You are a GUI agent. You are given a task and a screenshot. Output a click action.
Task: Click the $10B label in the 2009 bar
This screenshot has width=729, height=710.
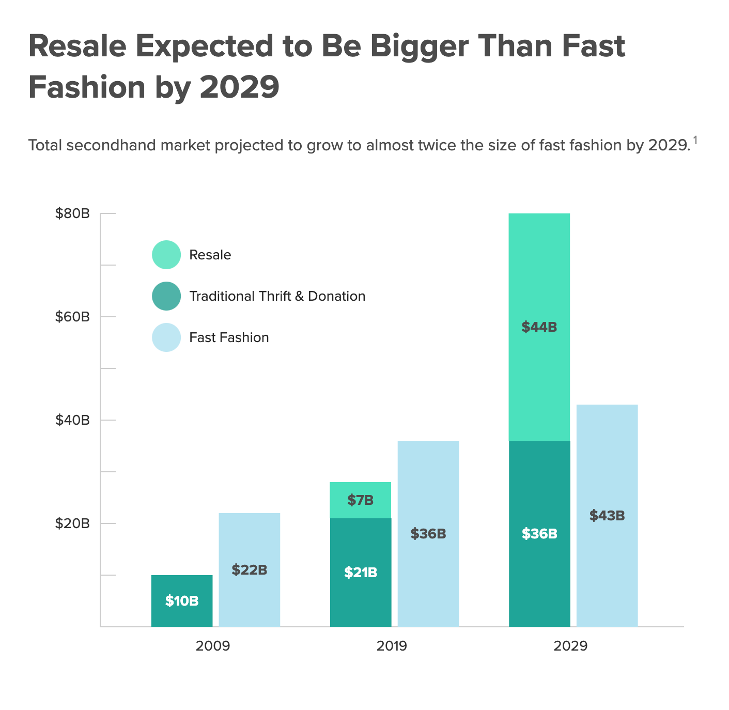coord(182,601)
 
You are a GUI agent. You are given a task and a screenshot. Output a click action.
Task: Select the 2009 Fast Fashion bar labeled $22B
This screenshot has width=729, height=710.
coord(250,570)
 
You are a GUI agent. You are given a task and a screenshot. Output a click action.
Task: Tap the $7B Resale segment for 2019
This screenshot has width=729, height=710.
coord(361,500)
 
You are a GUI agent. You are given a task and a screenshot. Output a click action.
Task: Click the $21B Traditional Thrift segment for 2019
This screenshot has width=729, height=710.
coord(361,573)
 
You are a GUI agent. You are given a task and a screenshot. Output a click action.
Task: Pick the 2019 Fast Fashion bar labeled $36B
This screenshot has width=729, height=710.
coord(428,534)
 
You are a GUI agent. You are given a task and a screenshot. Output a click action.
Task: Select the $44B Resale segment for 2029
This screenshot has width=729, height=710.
coord(539,327)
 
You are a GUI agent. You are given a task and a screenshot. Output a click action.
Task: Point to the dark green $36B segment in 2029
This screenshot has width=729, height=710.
coord(539,534)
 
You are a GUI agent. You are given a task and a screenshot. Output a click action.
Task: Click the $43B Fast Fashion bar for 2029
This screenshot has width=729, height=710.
coord(607,516)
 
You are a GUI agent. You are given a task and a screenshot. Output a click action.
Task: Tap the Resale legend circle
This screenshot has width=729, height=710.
coord(166,255)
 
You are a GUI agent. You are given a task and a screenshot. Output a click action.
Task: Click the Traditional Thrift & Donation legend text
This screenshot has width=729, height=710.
coord(277,296)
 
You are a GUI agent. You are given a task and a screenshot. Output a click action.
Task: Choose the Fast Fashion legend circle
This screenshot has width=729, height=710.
coord(166,337)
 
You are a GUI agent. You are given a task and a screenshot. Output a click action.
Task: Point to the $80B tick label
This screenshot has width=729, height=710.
coord(72,213)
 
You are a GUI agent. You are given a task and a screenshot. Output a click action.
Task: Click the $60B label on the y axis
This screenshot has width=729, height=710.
coord(72,317)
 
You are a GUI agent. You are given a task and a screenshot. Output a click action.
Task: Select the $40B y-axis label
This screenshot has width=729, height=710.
coord(72,420)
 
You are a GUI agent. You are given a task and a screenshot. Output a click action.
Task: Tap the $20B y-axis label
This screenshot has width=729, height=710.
coord(72,523)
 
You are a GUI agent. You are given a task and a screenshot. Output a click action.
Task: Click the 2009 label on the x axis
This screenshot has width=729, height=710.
coord(213,646)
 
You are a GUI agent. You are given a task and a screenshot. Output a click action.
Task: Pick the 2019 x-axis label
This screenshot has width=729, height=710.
coord(392,646)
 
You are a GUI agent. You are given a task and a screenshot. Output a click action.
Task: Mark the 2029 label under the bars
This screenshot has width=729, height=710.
coord(570,646)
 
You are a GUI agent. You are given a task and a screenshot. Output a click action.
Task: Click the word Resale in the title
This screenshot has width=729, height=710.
coord(77,47)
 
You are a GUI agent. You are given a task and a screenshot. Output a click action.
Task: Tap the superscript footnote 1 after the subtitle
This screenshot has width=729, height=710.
coord(695,140)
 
